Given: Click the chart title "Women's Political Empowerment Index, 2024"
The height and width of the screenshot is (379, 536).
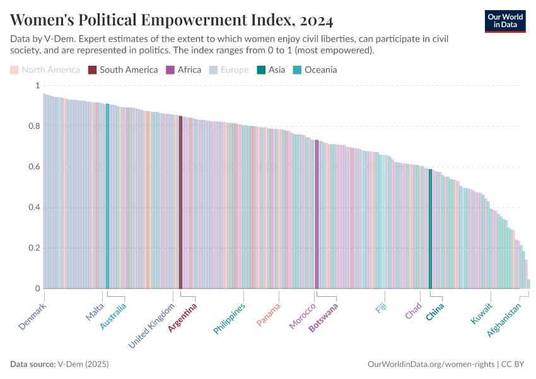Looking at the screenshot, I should pyautogui.click(x=172, y=20).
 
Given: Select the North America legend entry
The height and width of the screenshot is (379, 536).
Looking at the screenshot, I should pyautogui.click(x=45, y=69).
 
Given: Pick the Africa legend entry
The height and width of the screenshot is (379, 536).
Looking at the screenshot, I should pyautogui.click(x=184, y=69).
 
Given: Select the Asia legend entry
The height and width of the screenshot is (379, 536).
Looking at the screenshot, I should pyautogui.click(x=271, y=69).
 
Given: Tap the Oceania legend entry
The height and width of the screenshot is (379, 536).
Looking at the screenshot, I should pyautogui.click(x=315, y=69).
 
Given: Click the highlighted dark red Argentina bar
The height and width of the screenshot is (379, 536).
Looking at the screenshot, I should pyautogui.click(x=180, y=202).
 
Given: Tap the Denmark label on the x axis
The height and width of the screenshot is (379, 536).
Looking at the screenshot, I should pyautogui.click(x=33, y=316).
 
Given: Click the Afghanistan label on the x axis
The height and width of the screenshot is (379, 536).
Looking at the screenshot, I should pyautogui.click(x=505, y=320).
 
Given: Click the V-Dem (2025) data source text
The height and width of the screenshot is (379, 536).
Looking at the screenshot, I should pyautogui.click(x=83, y=364).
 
